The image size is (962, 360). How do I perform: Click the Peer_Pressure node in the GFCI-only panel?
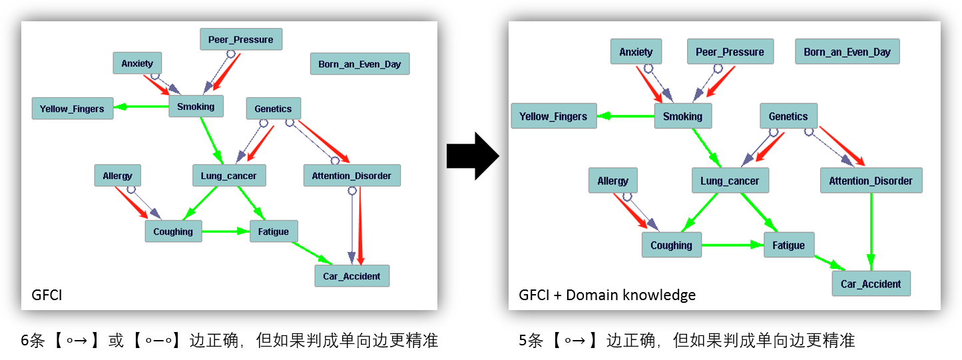(x=241, y=39)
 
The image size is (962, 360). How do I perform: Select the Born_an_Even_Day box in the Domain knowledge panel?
(x=847, y=52)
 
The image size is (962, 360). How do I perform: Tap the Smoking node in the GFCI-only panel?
(x=196, y=106)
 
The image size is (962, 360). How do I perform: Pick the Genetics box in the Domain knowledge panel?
(x=788, y=116)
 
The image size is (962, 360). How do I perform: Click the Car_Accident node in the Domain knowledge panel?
(x=871, y=284)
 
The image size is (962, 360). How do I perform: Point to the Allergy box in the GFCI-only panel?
(x=117, y=176)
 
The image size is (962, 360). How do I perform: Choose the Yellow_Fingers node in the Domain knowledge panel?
(x=553, y=116)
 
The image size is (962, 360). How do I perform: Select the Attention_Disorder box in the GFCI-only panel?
(x=352, y=176)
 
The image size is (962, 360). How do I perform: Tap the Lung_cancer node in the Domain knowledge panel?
(x=730, y=181)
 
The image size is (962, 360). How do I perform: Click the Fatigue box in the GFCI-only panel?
(x=274, y=232)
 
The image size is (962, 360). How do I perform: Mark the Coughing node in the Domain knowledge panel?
(x=671, y=245)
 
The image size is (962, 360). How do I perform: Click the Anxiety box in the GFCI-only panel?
(x=137, y=64)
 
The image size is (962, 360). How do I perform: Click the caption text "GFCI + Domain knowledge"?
(x=607, y=295)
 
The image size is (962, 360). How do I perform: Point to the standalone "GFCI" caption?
(x=47, y=295)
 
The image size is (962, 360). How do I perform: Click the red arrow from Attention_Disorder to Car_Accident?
(x=360, y=226)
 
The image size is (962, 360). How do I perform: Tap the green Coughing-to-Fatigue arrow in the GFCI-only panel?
(x=226, y=232)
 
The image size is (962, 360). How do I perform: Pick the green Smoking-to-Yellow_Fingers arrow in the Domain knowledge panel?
(x=626, y=116)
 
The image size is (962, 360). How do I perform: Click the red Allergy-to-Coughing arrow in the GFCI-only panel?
(x=131, y=202)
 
